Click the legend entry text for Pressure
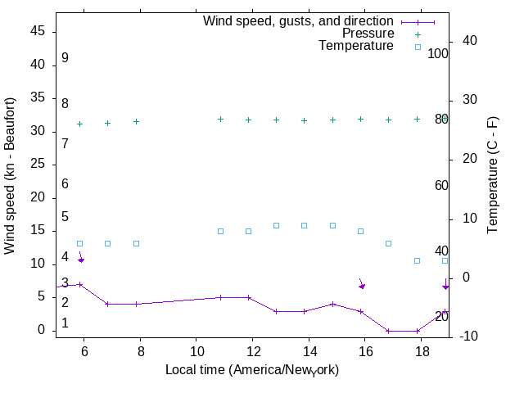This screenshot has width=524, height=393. click(x=368, y=34)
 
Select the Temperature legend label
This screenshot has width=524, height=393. click(x=356, y=47)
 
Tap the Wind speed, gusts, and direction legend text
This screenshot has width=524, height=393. click(x=299, y=20)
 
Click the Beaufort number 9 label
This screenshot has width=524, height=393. click(x=65, y=58)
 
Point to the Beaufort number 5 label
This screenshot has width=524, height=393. click(x=65, y=217)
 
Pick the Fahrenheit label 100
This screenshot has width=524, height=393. click(x=438, y=53)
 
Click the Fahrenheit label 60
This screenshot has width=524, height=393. click(x=441, y=185)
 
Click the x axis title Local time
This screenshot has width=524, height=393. click(x=252, y=370)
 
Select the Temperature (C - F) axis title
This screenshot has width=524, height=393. click(x=493, y=174)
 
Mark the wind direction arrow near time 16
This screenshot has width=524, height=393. click(x=361, y=283)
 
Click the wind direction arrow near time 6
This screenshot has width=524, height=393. click(x=80, y=257)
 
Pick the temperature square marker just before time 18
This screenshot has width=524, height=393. click(x=417, y=260)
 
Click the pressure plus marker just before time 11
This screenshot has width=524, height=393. click(x=220, y=119)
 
